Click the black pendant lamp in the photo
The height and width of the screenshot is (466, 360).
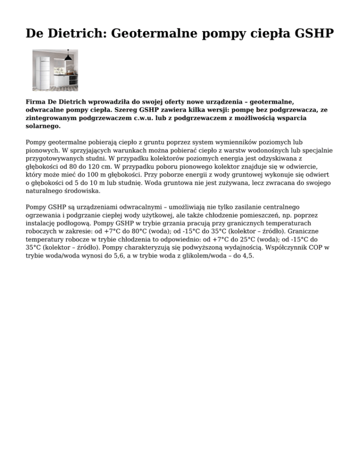pos(68,56)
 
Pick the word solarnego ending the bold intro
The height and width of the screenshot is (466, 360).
pos(43,127)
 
